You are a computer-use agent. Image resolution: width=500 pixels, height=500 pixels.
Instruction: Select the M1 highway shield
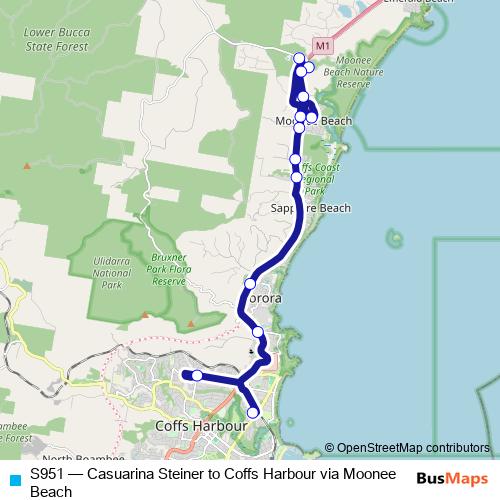(321, 46)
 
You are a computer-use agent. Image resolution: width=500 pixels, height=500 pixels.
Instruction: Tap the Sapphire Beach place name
(311, 208)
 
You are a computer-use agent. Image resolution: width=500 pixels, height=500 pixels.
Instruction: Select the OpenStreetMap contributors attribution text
(412, 447)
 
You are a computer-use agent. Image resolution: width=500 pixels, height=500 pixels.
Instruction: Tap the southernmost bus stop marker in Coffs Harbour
(253, 412)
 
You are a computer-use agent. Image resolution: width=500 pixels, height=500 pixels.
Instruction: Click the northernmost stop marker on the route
(299, 58)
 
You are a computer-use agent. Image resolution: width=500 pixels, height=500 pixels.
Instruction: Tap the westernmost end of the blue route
(184, 374)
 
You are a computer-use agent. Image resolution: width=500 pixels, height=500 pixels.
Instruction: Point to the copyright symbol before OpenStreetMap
(329, 448)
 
